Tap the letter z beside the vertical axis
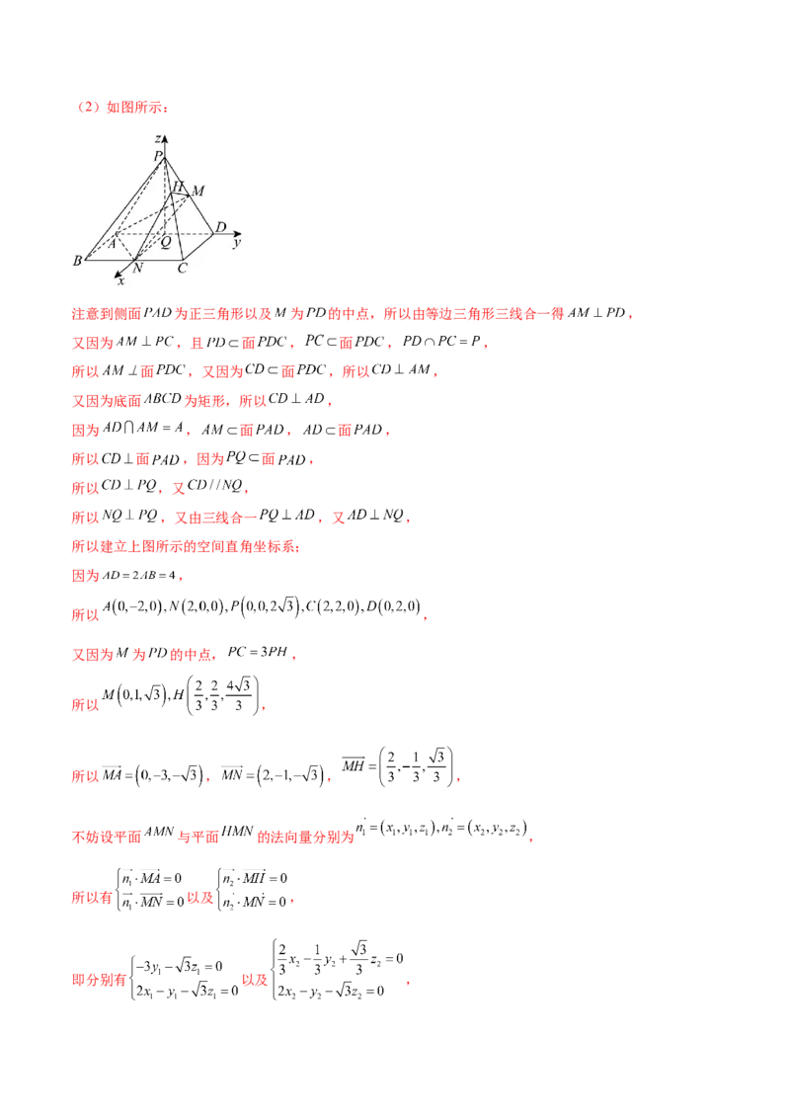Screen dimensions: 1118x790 click(158, 139)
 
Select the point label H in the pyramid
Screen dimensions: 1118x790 click(178, 186)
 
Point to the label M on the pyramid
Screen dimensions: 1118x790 click(197, 191)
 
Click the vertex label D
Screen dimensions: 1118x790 click(220, 228)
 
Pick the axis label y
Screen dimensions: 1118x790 click(237, 242)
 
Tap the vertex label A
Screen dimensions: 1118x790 click(113, 242)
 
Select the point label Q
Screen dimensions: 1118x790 click(165, 241)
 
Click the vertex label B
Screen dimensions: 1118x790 click(77, 261)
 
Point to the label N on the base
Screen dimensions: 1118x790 click(136, 267)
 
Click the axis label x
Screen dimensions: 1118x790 click(120, 280)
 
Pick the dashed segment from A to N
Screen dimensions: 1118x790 click(127, 250)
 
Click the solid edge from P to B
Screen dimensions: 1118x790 click(118, 207)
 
